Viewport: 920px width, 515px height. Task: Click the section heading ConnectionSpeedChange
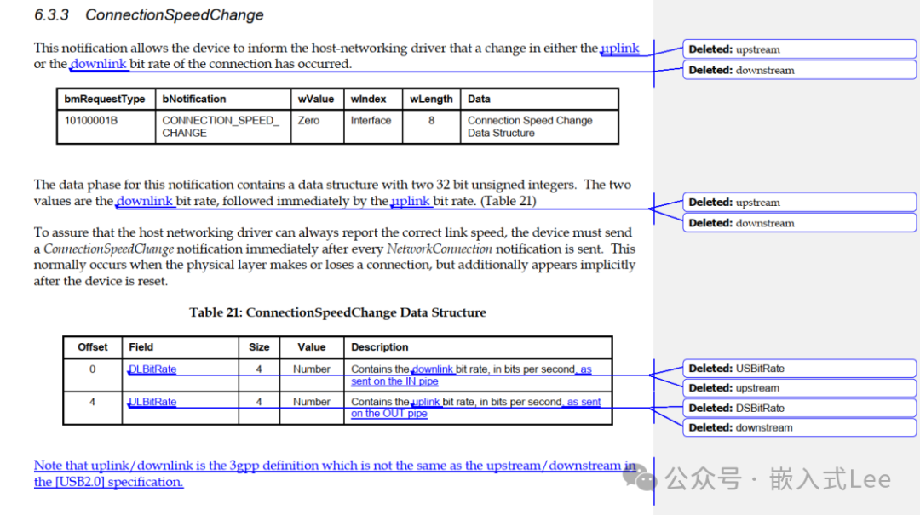175,15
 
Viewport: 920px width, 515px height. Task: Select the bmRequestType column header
105,100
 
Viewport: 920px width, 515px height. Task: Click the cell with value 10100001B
91,121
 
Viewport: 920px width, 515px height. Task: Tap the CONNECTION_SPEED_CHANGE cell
221,127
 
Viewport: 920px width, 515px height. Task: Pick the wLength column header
431,100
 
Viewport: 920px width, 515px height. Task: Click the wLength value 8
431,121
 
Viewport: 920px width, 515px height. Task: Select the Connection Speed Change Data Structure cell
530,127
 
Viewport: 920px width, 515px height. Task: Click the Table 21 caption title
337,312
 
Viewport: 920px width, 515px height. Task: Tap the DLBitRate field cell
153,369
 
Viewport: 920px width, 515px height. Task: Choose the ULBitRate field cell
153,402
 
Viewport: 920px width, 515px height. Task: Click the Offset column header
93,347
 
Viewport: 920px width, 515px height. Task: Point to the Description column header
380,347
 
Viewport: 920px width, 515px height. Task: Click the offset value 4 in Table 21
93,402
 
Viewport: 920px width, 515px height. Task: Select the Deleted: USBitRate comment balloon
799,369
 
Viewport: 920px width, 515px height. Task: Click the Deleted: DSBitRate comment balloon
799,408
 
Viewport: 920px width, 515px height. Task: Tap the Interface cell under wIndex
371,121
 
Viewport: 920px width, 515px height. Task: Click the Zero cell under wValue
308,121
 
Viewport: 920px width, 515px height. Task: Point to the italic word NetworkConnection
440,249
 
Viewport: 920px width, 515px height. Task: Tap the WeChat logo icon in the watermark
641,478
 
